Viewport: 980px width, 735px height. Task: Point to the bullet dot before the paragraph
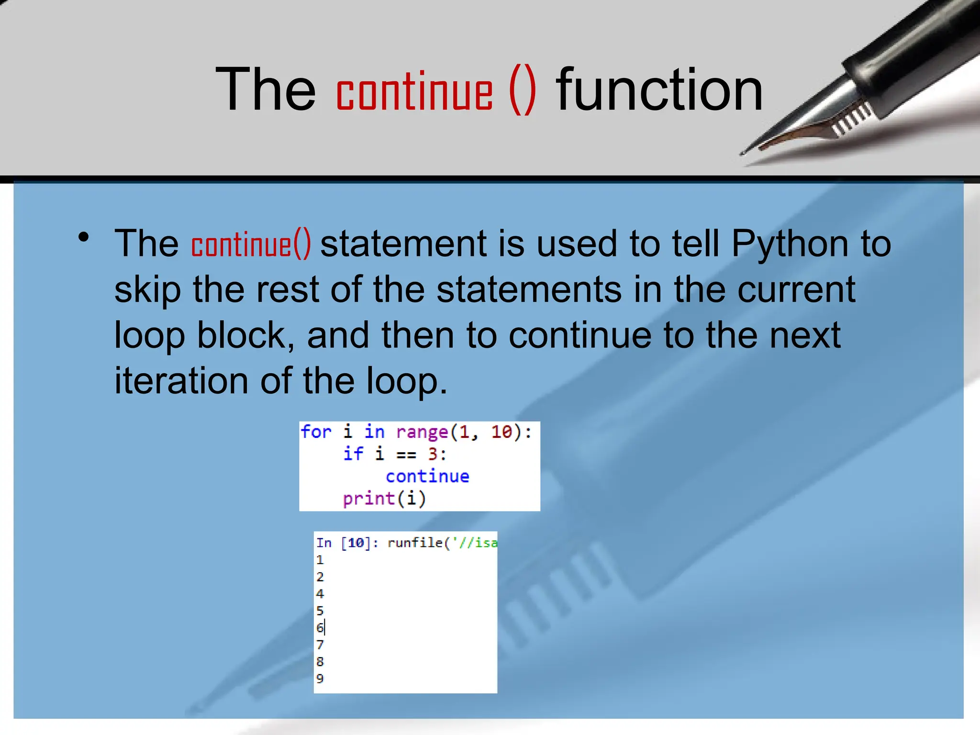tap(84, 237)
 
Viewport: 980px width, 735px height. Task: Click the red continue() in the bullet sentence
tap(251, 244)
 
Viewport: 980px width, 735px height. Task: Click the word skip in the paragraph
tap(147, 290)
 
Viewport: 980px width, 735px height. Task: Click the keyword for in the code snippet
tap(316, 432)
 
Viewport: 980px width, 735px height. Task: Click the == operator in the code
tap(406, 455)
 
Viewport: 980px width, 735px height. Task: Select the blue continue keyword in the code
tap(427, 477)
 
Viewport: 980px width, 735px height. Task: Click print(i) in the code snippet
tap(384, 499)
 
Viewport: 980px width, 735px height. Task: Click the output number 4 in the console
tap(320, 594)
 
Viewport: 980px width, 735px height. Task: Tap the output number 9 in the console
tap(320, 679)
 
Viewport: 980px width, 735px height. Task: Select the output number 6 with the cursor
tap(320, 627)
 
